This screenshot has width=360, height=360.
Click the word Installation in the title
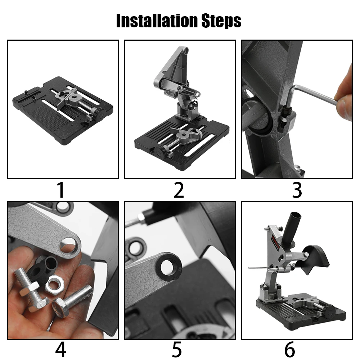pyautogui.click(x=157, y=21)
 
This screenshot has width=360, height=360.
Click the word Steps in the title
pyautogui.click(x=221, y=21)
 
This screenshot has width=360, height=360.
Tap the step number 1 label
pyautogui.click(x=61, y=190)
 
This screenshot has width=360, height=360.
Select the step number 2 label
pyautogui.click(x=179, y=190)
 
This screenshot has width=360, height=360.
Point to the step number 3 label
pyautogui.click(x=297, y=190)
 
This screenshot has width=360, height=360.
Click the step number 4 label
pyautogui.click(x=60, y=350)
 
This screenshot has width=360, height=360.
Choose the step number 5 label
pyautogui.click(x=177, y=350)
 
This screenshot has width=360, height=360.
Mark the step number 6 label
pyautogui.click(x=289, y=350)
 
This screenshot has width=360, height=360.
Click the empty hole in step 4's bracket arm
pyautogui.click(x=68, y=245)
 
